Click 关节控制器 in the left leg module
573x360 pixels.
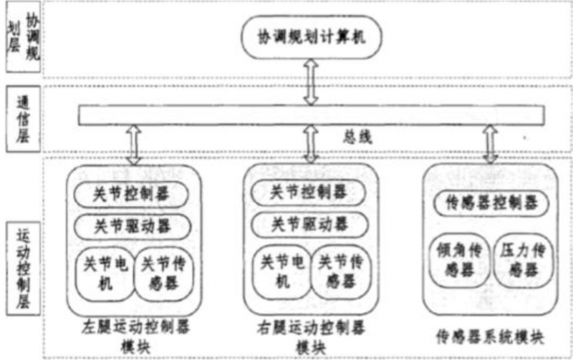(132, 194)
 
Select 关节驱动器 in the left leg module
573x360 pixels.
(132, 225)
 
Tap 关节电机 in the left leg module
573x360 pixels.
(104, 273)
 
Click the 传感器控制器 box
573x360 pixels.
(491, 203)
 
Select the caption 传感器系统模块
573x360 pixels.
(491, 335)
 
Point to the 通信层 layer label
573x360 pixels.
(22, 118)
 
